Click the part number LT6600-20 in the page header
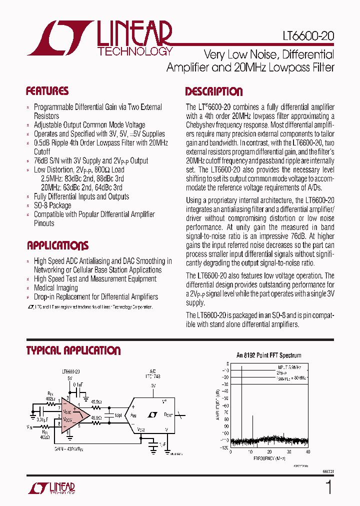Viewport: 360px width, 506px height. click(x=305, y=36)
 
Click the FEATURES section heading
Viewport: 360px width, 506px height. click(x=47, y=91)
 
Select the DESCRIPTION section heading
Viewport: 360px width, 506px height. click(x=214, y=91)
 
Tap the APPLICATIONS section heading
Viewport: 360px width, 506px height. click(x=57, y=245)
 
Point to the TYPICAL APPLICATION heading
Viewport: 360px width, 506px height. click(x=73, y=350)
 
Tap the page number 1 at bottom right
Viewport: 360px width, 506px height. click(x=328, y=487)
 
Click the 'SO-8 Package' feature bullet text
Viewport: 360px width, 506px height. click(x=52, y=205)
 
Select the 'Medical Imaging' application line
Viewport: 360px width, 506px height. click(x=56, y=288)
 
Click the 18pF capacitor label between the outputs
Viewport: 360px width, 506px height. click(x=118, y=415)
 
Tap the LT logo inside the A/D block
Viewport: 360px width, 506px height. click(x=153, y=414)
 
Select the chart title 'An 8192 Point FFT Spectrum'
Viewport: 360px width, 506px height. click(x=268, y=355)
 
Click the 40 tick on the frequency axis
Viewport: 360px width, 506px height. click(x=308, y=452)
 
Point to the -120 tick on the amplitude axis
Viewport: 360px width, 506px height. click(x=224, y=447)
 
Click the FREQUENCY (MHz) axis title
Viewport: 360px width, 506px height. click(x=269, y=458)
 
